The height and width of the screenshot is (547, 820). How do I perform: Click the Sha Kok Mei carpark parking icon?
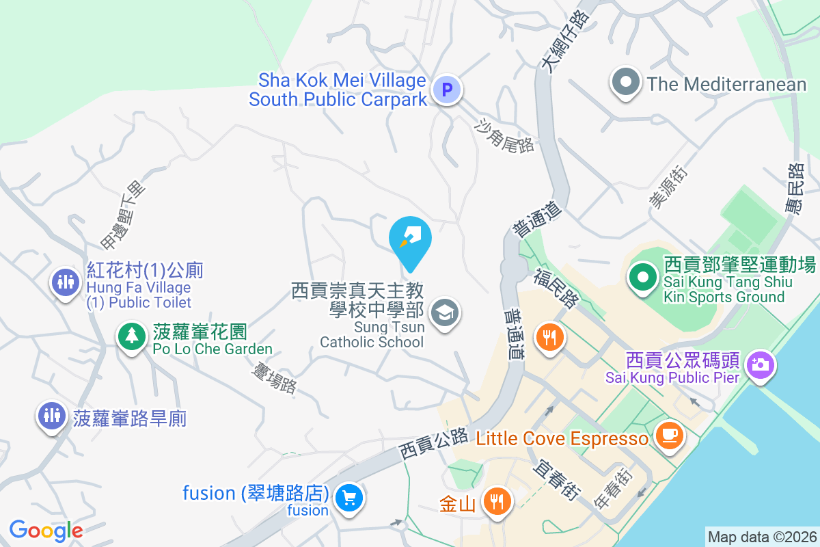447,90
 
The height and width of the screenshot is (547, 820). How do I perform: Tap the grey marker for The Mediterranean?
625,83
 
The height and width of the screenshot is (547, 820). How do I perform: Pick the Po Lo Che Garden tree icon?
130,336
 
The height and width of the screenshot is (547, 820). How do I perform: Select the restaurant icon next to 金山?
497,502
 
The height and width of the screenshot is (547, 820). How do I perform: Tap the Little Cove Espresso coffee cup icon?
668,434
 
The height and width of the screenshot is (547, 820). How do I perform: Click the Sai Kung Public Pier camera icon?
759,363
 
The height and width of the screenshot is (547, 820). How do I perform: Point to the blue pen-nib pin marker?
410,239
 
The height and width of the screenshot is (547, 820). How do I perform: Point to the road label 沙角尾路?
504,135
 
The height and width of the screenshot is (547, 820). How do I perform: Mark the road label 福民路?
556,288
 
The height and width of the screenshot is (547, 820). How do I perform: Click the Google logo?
46,530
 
